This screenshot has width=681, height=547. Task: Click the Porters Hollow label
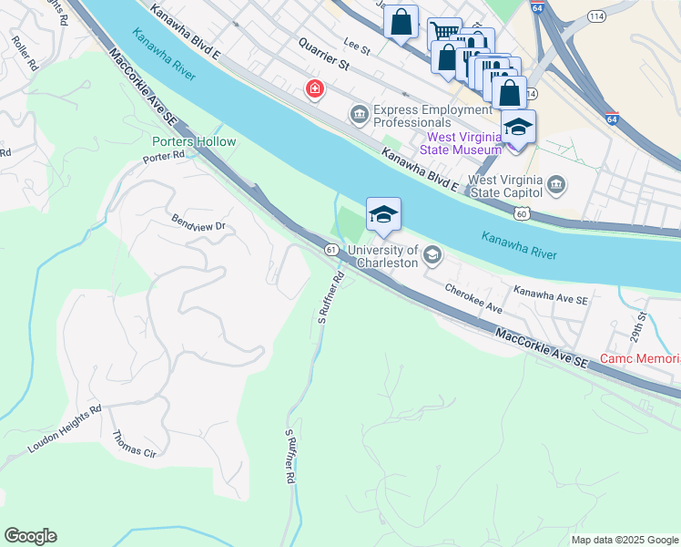point(194,141)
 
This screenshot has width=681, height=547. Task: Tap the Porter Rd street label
point(163,157)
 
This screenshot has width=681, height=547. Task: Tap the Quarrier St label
point(325,54)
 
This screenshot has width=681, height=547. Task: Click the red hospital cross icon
point(314,89)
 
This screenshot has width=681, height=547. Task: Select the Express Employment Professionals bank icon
point(359,113)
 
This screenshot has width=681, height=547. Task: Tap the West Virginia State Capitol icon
point(557,187)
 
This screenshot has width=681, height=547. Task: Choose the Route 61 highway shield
point(330,249)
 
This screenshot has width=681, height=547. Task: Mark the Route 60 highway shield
point(520,213)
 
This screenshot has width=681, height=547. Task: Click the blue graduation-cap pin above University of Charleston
point(383,215)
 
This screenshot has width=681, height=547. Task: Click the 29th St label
point(643,322)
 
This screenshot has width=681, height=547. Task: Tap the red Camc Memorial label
point(640,359)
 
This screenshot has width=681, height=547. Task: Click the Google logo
point(30,536)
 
